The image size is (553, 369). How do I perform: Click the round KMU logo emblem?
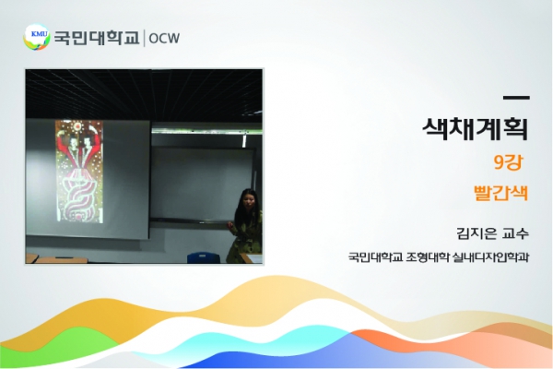click(x=37, y=37)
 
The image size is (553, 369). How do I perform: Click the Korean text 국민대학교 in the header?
click(x=97, y=38)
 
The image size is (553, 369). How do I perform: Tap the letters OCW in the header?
click(x=164, y=38)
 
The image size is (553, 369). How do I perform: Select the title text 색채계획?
click(x=476, y=129)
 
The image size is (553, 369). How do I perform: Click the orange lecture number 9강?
click(x=508, y=162)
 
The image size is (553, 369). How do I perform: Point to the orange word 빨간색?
click(x=500, y=193)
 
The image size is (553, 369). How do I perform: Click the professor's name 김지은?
click(x=477, y=233)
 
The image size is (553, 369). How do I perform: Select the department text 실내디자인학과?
click(x=490, y=256)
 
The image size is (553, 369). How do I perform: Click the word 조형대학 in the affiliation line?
click(x=428, y=256)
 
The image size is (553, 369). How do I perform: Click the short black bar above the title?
click(x=516, y=98)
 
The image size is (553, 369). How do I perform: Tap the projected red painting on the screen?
click(x=79, y=172)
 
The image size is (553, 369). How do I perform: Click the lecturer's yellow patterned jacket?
click(x=245, y=238)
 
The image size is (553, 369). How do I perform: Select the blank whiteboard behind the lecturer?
click(x=201, y=184)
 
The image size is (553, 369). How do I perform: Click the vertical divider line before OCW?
click(x=145, y=38)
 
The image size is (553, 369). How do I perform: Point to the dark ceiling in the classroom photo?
click(x=144, y=93)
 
